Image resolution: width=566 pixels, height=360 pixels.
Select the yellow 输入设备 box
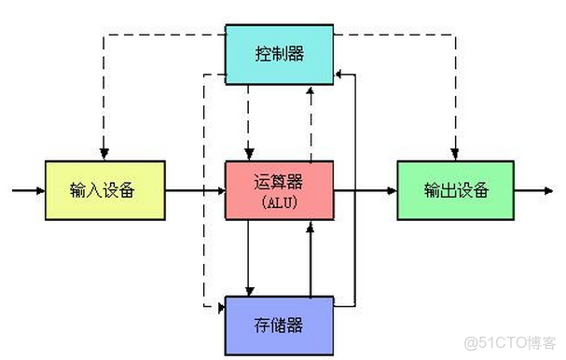(x=104, y=190)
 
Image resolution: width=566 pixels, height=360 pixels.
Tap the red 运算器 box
(x=279, y=190)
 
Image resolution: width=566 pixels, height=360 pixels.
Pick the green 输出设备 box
(x=455, y=190)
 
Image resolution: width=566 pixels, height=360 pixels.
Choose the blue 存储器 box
(x=279, y=325)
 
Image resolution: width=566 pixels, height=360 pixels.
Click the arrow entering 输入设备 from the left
(x=28, y=190)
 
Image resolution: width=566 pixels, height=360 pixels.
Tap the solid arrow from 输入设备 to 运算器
(x=195, y=190)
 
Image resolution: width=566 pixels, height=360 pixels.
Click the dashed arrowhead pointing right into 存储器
(x=219, y=305)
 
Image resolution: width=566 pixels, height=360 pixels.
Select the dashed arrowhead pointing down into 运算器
(x=249, y=155)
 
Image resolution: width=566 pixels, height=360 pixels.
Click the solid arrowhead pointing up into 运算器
(x=310, y=227)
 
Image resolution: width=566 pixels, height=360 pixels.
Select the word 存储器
(x=279, y=325)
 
